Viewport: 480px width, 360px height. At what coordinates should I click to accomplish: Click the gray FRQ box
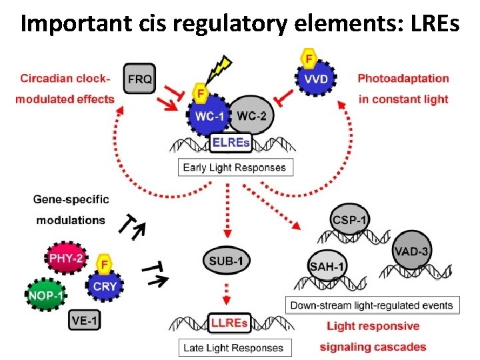tap(139, 79)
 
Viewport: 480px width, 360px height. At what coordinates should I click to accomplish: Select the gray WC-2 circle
tap(251, 116)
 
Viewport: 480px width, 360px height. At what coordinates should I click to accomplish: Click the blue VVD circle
tap(316, 79)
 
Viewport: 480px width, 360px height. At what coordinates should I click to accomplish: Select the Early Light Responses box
tap(235, 167)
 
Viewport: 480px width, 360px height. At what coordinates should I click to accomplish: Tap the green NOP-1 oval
tap(45, 294)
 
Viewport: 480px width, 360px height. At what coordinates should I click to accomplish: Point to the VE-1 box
tap(85, 321)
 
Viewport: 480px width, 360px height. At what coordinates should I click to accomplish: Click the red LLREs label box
tap(229, 323)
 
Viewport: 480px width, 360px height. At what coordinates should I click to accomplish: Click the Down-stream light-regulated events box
tap(371, 305)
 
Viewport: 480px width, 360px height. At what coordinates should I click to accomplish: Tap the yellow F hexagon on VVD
tap(309, 59)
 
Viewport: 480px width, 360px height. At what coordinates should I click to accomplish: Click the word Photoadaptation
tap(403, 78)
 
